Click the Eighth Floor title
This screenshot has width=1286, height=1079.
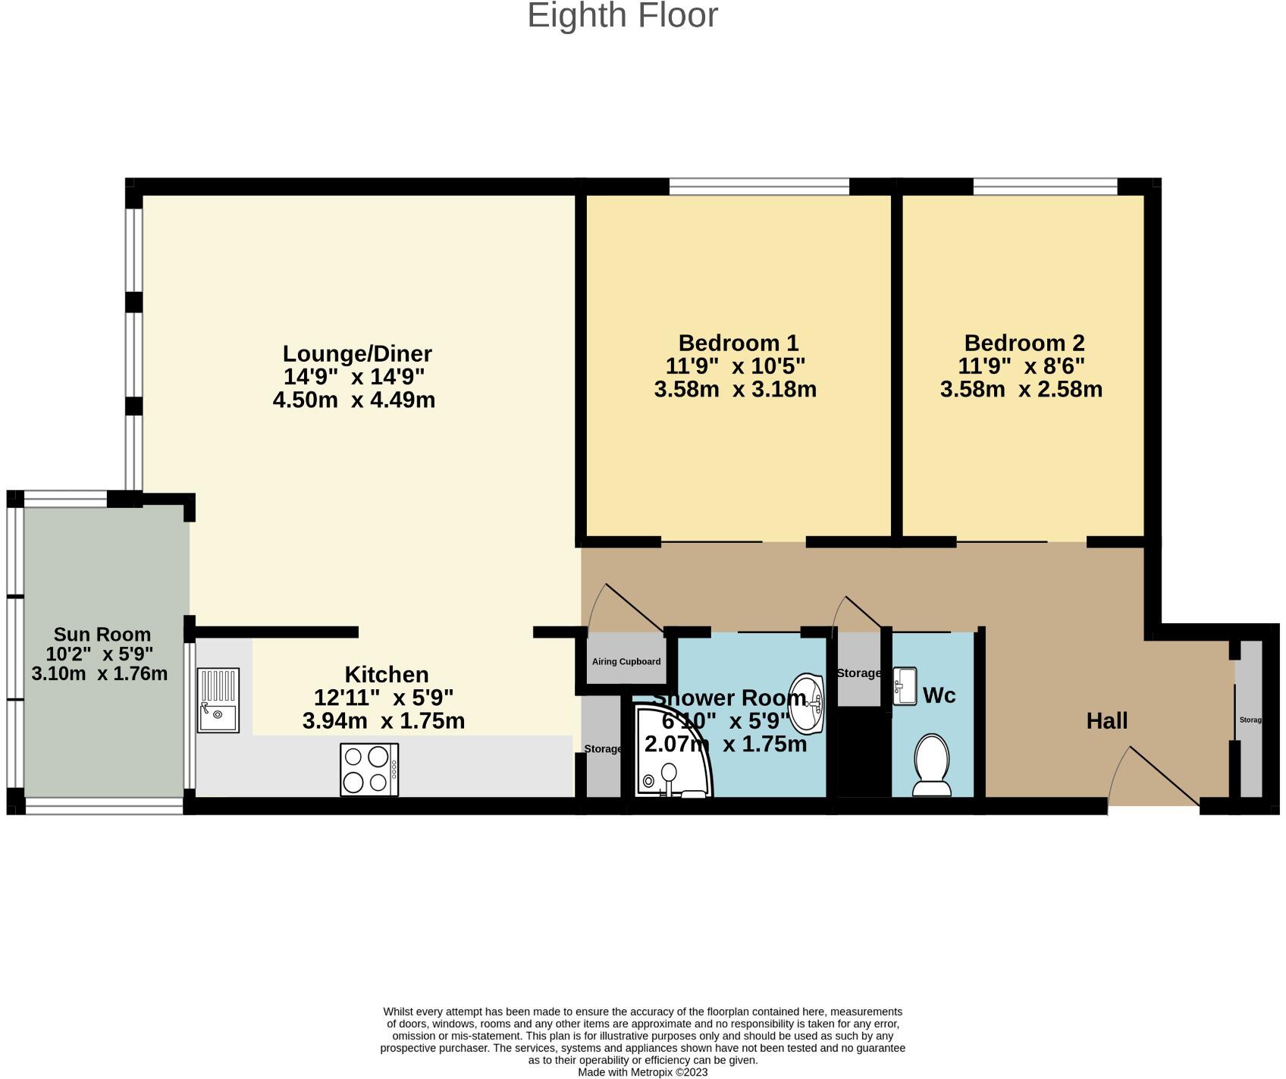click(622, 16)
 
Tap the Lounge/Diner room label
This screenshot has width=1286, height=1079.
click(357, 354)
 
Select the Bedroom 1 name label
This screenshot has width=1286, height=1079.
click(738, 343)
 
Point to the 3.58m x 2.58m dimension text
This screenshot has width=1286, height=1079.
click(1021, 390)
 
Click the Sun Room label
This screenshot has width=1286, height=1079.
click(102, 635)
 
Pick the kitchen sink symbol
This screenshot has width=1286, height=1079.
click(218, 700)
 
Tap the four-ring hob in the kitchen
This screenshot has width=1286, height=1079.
click(369, 770)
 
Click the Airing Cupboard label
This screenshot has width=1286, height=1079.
click(626, 662)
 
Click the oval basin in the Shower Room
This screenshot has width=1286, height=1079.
click(809, 702)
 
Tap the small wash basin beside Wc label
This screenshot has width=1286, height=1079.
click(905, 685)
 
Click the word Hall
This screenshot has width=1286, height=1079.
click(1106, 721)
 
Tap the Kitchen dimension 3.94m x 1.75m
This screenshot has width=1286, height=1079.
click(383, 721)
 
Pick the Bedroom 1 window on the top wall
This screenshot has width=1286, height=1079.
click(758, 187)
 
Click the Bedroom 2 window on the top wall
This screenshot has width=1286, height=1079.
click(1045, 187)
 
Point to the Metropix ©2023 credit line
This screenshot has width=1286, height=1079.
click(642, 1072)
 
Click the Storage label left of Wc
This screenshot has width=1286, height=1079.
click(858, 673)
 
